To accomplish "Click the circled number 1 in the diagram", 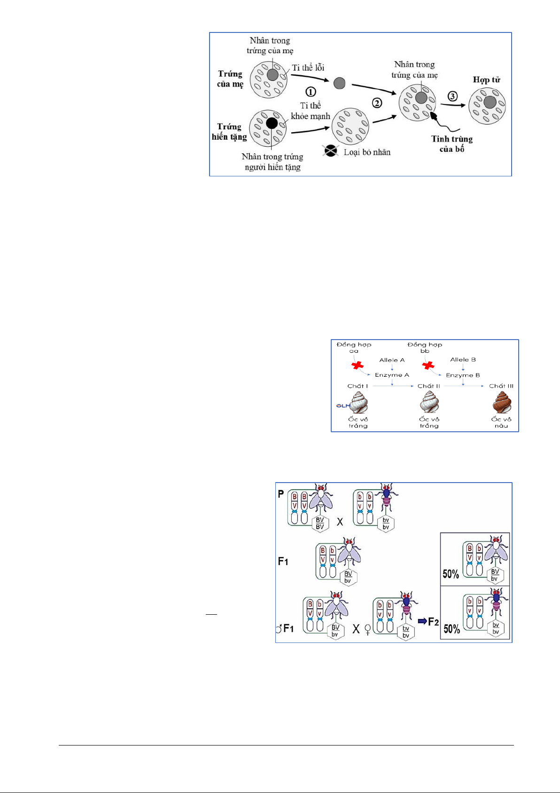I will point(311,92).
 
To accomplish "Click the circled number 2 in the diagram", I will point(377,103).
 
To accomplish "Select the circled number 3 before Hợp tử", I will point(452,96).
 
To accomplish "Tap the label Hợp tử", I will point(486,80).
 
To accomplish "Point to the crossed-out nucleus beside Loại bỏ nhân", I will point(331,151).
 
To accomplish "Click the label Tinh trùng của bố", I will point(452,144).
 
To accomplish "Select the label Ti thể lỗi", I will point(308,68).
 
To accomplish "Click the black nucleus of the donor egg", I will point(272,123).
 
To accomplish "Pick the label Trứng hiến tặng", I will point(229,132).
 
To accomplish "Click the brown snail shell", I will point(501,403).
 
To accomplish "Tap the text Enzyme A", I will point(392,375).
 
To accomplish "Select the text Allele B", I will point(463,360).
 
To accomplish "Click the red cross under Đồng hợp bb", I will point(428,365).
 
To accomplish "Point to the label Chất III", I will point(501,386).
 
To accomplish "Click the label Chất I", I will point(358,386).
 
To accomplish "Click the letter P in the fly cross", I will point(281,494).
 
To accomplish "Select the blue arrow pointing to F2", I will point(422,621).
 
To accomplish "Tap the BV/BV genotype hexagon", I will point(320,523).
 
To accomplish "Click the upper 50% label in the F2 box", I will point(451,574).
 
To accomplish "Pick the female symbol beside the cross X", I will point(367,629).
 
